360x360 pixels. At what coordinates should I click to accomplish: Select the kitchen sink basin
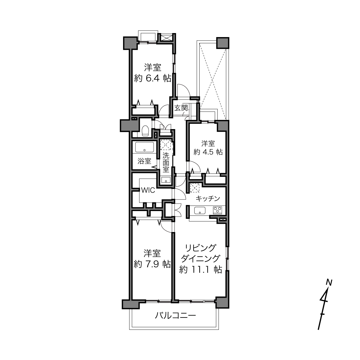[x=200, y=210]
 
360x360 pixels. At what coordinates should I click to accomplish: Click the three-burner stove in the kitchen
[x=217, y=210]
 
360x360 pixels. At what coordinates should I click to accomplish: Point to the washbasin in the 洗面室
[x=166, y=180]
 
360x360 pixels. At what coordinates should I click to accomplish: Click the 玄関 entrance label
[x=181, y=108]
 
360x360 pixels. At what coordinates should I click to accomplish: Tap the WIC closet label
[x=148, y=190]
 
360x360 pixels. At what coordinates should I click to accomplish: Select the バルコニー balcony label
[x=175, y=315]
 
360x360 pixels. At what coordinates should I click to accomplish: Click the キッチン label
[x=208, y=198]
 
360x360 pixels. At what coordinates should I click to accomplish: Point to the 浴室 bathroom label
[x=144, y=161]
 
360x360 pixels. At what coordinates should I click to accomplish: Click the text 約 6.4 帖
[x=152, y=78]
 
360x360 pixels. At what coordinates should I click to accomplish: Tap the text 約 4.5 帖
[x=208, y=152]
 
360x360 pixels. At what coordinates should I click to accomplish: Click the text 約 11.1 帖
[x=200, y=270]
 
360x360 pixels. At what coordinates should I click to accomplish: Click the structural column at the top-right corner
[x=223, y=43]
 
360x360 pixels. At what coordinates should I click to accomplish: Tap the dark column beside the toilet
[x=130, y=126]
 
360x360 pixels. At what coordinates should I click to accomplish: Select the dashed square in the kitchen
[x=195, y=188]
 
